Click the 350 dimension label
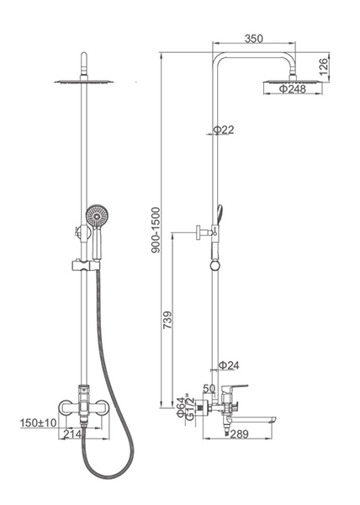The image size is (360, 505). coord(254,39)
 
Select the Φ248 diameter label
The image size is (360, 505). coord(293,89)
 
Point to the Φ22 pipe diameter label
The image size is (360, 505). coord(224,130)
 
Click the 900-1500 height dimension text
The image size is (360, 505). coord(156,230)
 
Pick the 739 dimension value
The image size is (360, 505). coord(167,320)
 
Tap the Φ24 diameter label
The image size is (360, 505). coord(229,365)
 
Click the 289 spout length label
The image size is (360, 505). coord(240,434)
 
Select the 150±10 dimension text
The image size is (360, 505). coord(39,423)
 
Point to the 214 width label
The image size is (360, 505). coord(72,434)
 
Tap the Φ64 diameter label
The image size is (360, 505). coord(181,407)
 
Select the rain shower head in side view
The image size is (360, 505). coord(292,82)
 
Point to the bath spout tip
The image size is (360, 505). coord(274,420)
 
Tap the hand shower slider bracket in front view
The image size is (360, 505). coord(85,266)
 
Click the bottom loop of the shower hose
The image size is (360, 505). coord(109,476)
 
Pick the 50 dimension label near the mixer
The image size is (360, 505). coord(209,388)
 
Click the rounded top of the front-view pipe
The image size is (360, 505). coord(84,56)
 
